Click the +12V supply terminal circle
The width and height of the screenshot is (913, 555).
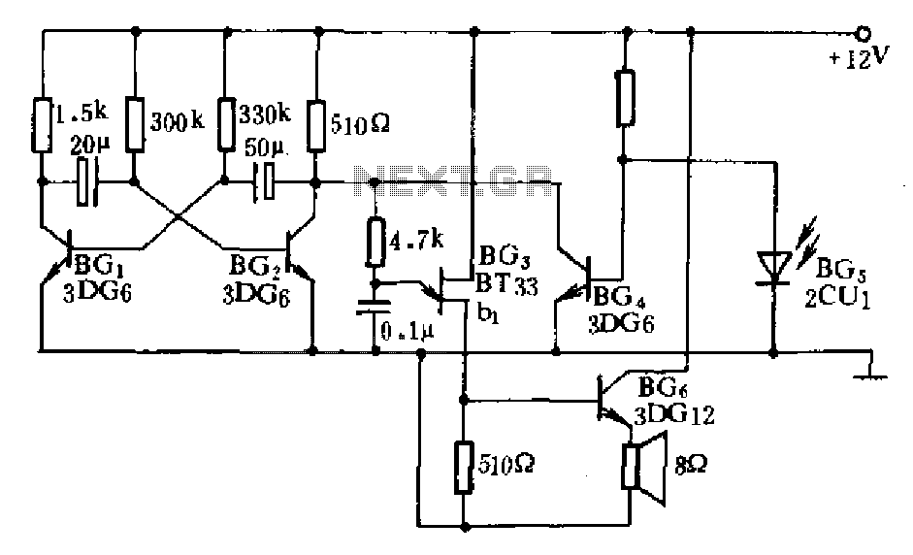(x=863, y=34)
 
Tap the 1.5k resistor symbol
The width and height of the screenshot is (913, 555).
(x=42, y=126)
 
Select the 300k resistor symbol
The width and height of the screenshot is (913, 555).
(x=135, y=125)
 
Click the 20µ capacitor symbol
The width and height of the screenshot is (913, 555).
(x=88, y=181)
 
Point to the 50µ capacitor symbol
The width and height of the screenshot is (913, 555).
(x=264, y=182)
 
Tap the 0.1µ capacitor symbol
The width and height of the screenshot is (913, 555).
(x=375, y=308)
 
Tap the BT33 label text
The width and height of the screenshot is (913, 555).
(x=506, y=284)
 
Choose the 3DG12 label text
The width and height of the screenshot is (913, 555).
(x=675, y=415)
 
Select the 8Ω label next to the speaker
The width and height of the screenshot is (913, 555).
(x=691, y=465)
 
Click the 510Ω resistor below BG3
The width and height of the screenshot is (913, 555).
(x=464, y=467)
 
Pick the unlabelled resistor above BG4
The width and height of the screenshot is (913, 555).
(x=626, y=98)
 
